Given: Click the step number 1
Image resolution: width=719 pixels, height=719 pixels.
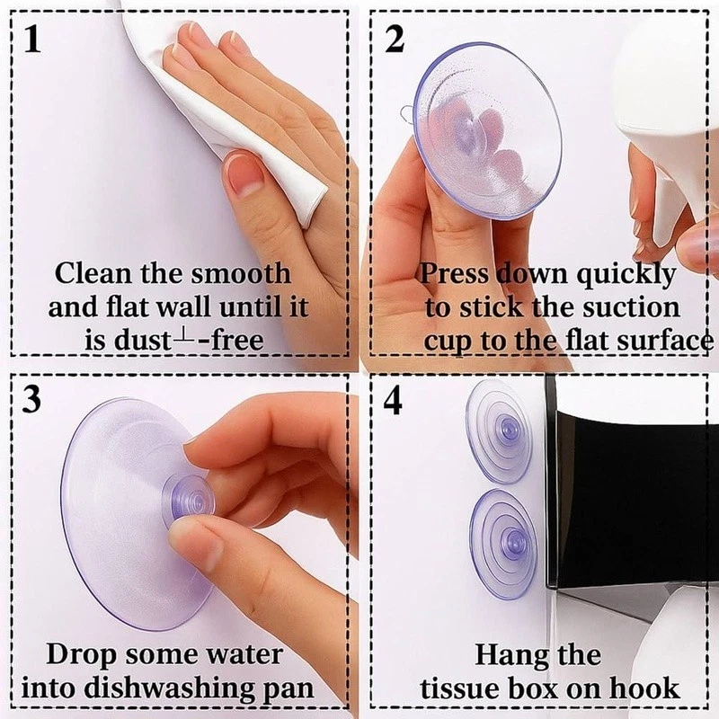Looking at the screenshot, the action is (x=32, y=39).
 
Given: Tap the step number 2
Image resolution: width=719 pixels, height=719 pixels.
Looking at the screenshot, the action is (x=395, y=39).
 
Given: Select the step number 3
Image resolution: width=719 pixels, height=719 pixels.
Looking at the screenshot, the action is (x=31, y=399).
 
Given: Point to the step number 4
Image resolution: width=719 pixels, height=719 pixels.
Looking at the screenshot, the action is (x=393, y=400).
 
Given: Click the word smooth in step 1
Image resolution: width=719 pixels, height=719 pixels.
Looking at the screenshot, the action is (x=241, y=273).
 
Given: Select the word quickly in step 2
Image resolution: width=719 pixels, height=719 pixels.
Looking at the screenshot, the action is (x=626, y=275).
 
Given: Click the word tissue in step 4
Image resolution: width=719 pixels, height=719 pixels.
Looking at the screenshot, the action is (x=459, y=688).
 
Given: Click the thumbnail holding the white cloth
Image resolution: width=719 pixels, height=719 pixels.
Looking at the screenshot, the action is (x=245, y=173).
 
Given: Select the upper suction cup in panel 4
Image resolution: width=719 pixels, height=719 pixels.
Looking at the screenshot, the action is (x=499, y=431).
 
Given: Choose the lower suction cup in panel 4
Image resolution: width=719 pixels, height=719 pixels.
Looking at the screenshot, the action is (x=502, y=544).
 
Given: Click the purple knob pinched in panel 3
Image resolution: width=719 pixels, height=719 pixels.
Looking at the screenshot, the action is (x=189, y=501).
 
